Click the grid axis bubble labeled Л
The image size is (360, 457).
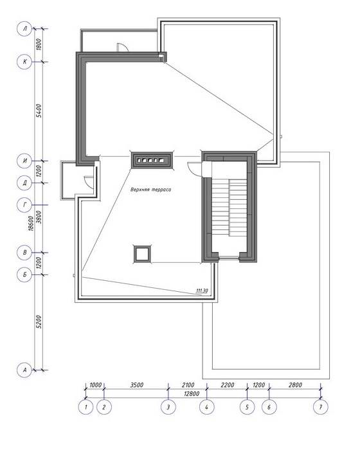24,28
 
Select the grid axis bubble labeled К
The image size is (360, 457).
24,62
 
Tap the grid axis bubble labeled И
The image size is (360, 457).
24,161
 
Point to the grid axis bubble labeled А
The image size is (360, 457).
24,370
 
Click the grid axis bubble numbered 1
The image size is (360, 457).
85,407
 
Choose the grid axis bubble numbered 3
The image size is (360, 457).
168,407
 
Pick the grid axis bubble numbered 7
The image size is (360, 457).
321,407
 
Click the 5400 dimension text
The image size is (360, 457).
39,111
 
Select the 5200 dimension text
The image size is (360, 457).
39,321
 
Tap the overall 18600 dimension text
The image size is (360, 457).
31,224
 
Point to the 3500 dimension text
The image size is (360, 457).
137,385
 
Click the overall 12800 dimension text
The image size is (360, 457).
192,394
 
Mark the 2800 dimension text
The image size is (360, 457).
295,385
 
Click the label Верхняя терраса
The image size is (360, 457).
150,190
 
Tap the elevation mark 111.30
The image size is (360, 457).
202,291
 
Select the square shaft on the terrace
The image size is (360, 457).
143,254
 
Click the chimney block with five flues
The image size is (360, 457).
152,160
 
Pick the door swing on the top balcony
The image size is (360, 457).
122,47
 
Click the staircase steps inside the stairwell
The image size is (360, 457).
230,208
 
